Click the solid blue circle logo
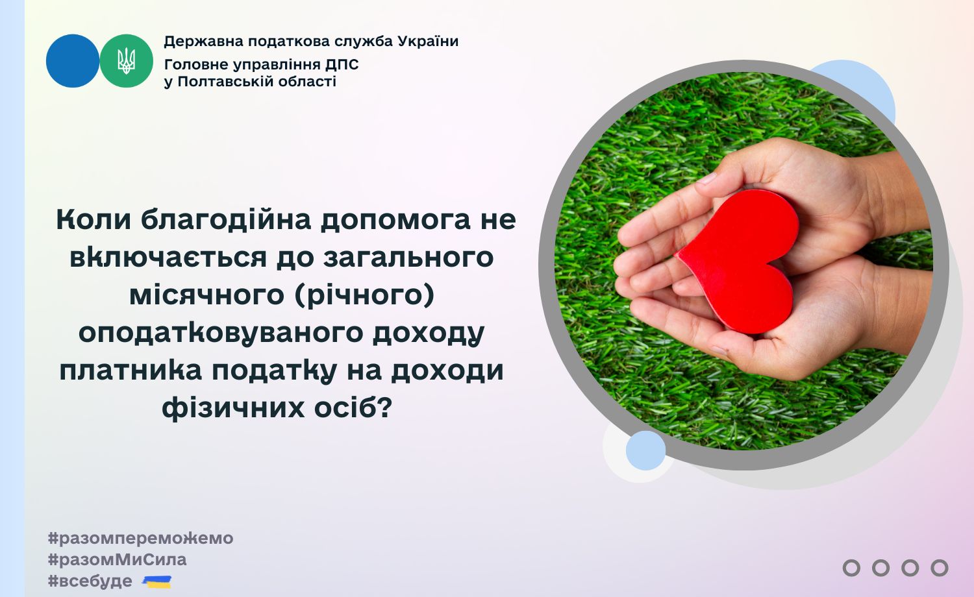[x=73, y=61]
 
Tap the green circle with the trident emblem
[x=127, y=61]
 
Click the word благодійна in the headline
[x=226, y=219]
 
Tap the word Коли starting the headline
[x=94, y=219]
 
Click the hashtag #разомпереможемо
[x=140, y=539]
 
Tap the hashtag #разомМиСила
[x=118, y=559]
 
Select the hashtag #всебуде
[x=90, y=581]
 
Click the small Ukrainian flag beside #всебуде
[x=157, y=581]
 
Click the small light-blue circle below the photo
[x=645, y=450]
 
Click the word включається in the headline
[x=168, y=257]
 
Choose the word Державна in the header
[x=203, y=42]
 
